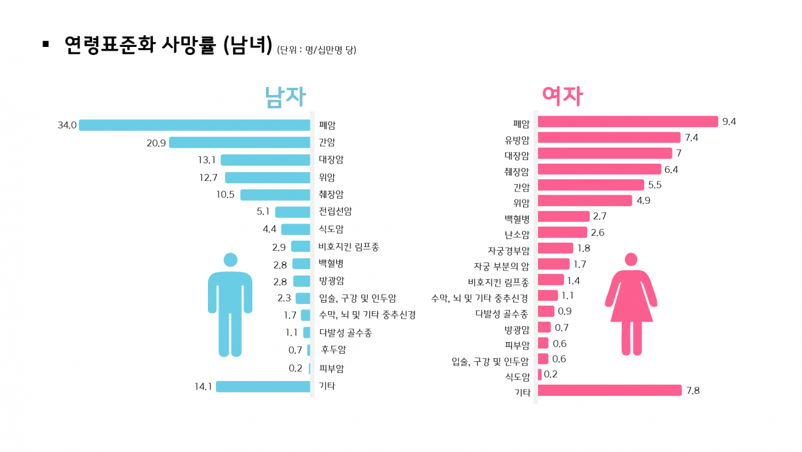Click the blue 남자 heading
click(x=285, y=97)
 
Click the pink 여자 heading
click(x=562, y=96)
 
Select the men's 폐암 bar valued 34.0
click(x=194, y=125)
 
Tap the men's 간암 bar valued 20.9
click(x=239, y=143)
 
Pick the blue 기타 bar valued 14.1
click(x=263, y=387)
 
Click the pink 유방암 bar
click(x=609, y=138)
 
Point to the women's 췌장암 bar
click(x=599, y=169)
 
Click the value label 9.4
click(x=729, y=122)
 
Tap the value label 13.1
click(x=207, y=160)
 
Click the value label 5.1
click(x=263, y=212)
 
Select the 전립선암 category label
click(x=335, y=212)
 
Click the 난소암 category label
click(x=516, y=235)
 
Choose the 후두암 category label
click(x=334, y=350)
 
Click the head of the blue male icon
click(x=230, y=260)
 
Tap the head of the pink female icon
click(x=631, y=259)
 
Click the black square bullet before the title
click(x=45, y=44)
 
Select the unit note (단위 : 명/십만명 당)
click(x=316, y=50)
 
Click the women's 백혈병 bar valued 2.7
click(x=564, y=216)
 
